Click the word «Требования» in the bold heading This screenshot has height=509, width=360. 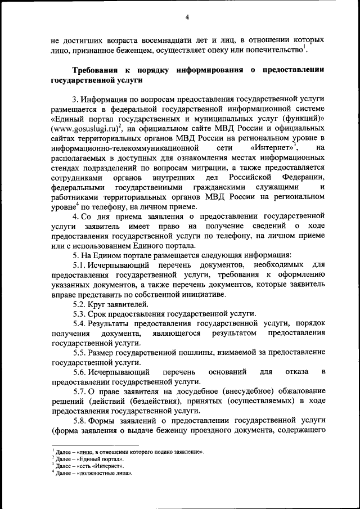tap(97, 70)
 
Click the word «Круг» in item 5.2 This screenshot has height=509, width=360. tap(106, 304)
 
